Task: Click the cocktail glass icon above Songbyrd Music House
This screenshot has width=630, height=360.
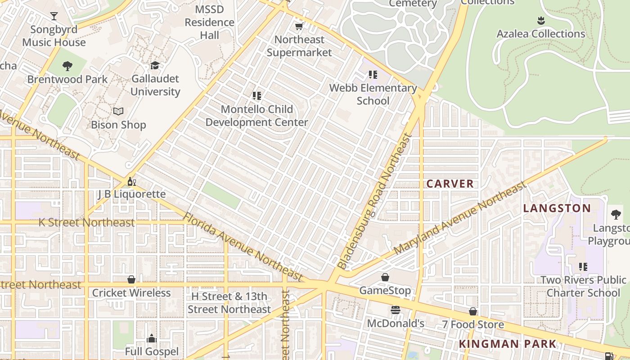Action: click(54, 16)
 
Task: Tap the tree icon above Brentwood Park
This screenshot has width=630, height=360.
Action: click(67, 66)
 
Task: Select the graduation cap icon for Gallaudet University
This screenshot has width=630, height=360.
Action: click(155, 65)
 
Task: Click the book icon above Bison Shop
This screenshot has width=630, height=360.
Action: click(118, 111)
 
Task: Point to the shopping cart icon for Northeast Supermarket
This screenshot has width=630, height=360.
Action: click(299, 27)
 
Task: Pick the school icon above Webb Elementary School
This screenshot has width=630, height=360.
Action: click(373, 75)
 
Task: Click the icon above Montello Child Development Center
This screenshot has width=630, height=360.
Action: click(257, 96)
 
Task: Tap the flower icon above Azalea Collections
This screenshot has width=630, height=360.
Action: click(541, 21)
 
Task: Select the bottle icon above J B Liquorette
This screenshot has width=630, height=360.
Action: click(131, 181)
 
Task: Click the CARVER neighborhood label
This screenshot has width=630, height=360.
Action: click(450, 184)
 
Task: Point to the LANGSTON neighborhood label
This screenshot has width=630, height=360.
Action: click(557, 208)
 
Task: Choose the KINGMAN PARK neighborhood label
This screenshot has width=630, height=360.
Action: click(508, 344)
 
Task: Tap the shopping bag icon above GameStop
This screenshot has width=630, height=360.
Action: click(385, 277)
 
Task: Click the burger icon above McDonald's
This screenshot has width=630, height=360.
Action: click(396, 310)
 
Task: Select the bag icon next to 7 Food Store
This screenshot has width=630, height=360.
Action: click(473, 311)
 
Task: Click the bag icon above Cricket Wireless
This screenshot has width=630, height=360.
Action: click(131, 280)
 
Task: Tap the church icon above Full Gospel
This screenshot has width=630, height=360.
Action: click(152, 338)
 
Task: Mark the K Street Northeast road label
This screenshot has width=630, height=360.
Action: click(86, 222)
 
